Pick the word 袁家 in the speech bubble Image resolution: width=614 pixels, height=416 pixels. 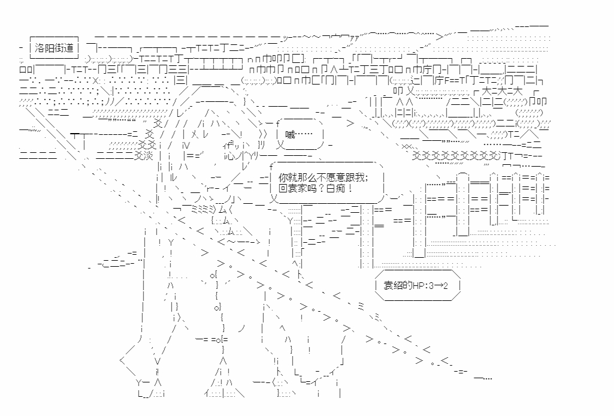pyautogui.click(x=298, y=188)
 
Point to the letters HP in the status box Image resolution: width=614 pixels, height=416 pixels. pyautogui.click(x=418, y=286)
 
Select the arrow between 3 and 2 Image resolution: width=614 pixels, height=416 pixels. pyautogui.click(x=440, y=286)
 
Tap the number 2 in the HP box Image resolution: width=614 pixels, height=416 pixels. pyautogui.click(x=448, y=286)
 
